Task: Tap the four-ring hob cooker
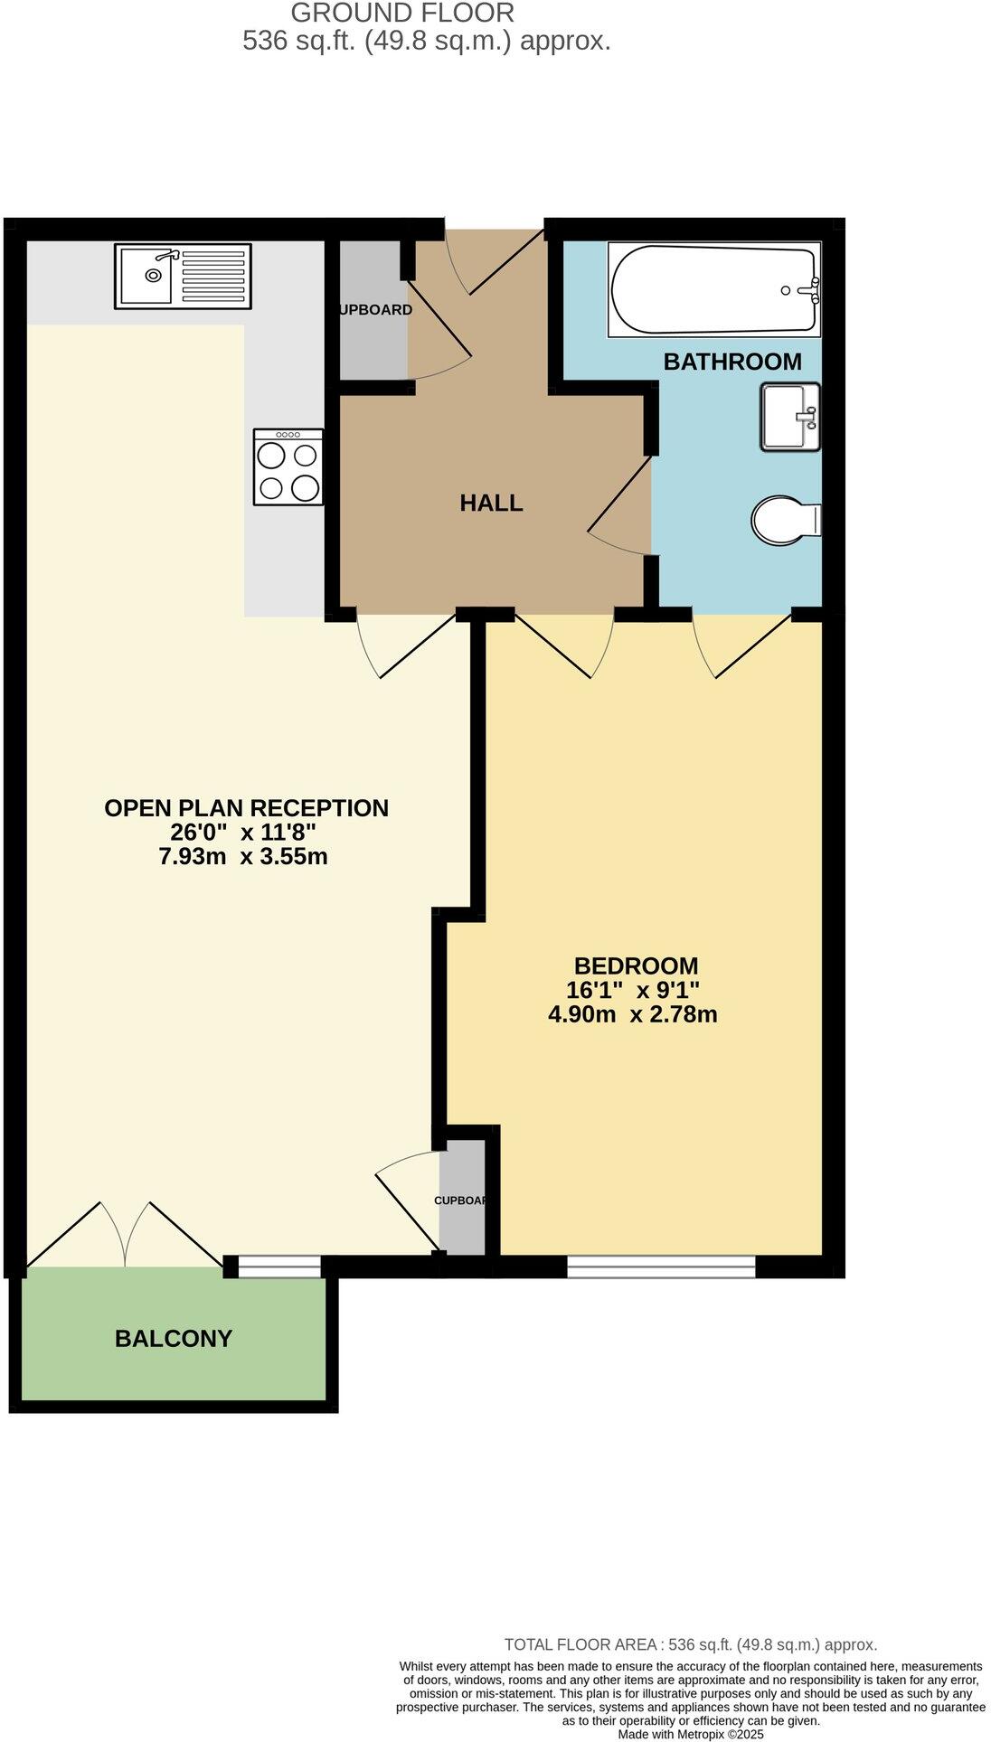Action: [x=288, y=466]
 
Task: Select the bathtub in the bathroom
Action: [x=714, y=290]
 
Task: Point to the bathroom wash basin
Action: [x=790, y=417]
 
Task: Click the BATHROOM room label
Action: [x=732, y=362]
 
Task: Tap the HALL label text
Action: [x=491, y=503]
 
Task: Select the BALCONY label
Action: [x=174, y=1338]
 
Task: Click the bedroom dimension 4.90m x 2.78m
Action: [x=633, y=1014]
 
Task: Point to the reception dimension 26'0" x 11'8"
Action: [x=243, y=832]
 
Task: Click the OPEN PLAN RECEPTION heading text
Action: [x=246, y=807]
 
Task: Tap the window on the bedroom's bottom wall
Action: [x=661, y=1266]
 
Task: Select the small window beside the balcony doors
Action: [x=278, y=1266]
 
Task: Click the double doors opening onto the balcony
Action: [x=125, y=1237]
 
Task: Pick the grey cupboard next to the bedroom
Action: [x=462, y=1198]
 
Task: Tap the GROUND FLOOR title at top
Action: [x=402, y=13]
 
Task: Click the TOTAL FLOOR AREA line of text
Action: [x=691, y=1644]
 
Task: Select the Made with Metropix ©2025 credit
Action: [x=691, y=1734]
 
